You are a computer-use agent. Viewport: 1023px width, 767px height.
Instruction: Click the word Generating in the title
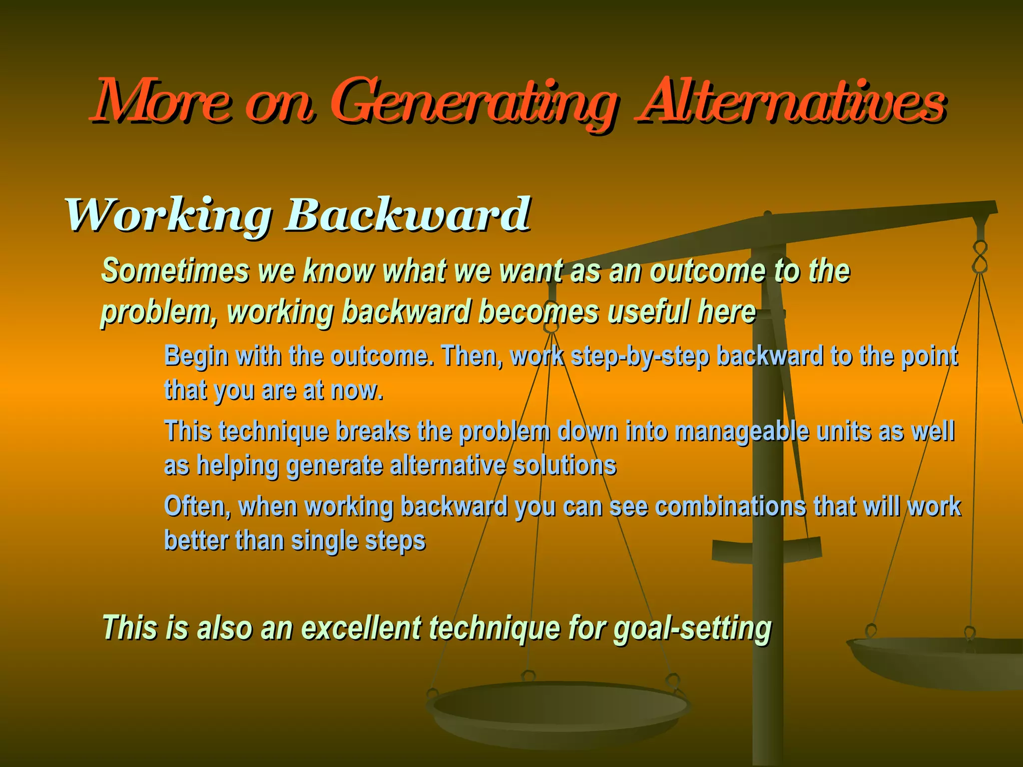point(472,102)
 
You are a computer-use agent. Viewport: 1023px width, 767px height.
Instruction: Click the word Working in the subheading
point(168,216)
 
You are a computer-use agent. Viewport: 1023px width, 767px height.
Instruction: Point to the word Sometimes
point(175,271)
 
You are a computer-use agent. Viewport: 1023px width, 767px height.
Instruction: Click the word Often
point(197,506)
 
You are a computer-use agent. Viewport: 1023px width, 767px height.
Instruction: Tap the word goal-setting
point(692,628)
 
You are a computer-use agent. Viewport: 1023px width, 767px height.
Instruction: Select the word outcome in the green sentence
point(707,271)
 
